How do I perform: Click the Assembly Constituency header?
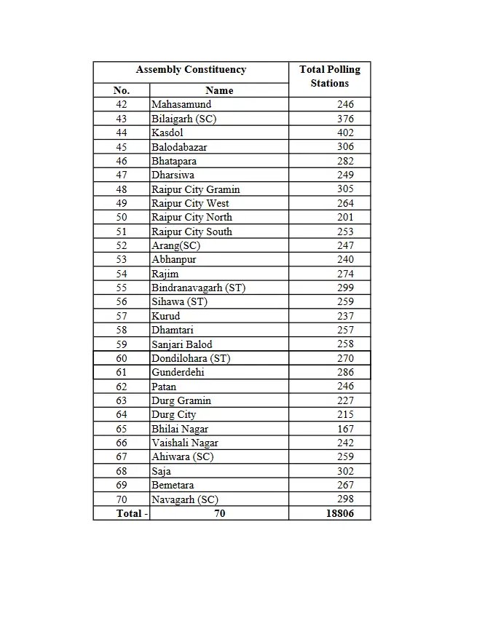(x=191, y=70)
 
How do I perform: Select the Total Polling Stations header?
(x=329, y=76)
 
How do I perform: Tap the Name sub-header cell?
(x=219, y=90)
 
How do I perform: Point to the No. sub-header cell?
(x=121, y=90)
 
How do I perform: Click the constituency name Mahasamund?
(x=181, y=105)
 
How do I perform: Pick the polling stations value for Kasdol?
(x=344, y=132)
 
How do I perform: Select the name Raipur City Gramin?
(x=195, y=189)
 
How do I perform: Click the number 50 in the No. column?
(x=121, y=217)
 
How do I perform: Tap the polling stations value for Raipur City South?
(x=344, y=232)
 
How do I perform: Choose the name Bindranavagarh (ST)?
(x=198, y=288)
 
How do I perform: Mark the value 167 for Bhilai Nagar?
(x=344, y=429)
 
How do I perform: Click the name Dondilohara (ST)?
(x=191, y=358)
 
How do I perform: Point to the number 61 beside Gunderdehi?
(x=121, y=372)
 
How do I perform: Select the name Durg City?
(x=173, y=414)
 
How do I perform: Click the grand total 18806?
(x=339, y=513)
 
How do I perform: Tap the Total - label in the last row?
(x=132, y=513)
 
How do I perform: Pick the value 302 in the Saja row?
(x=344, y=471)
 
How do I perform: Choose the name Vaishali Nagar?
(x=185, y=443)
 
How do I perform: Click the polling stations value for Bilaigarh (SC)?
(x=344, y=119)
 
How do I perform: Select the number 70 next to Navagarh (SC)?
(x=121, y=499)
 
